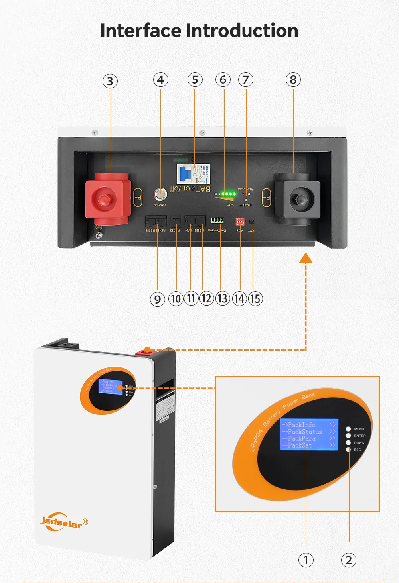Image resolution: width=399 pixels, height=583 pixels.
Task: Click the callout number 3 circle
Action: coord(110,81)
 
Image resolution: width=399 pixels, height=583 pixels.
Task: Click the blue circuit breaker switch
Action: coord(185,174)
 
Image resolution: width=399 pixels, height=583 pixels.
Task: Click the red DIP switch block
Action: coord(240,222)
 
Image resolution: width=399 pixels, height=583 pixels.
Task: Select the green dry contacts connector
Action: coord(217,220)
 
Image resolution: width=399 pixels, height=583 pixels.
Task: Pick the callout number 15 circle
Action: coord(255,299)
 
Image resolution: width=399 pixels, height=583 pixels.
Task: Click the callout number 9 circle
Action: coord(158,299)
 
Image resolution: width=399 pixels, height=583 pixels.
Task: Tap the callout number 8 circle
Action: coord(293,80)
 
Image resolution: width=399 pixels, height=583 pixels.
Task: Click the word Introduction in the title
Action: coord(242,31)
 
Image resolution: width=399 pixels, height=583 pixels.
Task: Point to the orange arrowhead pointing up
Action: coord(306,258)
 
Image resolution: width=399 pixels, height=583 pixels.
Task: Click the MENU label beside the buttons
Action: coord(359,429)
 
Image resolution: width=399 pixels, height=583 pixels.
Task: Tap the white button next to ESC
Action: coord(348,450)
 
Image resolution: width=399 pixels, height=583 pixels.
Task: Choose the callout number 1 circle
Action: coord(306,560)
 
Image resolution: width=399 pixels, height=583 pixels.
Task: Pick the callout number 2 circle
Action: coord(349,560)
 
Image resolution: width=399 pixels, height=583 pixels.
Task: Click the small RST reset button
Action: coord(252,222)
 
